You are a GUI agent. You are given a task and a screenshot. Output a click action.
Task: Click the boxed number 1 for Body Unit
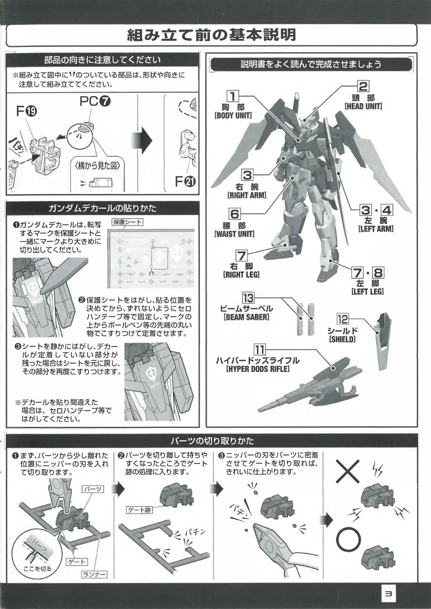click(232, 96)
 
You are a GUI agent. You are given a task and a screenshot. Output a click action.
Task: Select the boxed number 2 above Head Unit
click(363, 86)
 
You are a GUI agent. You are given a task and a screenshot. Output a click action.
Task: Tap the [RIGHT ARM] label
click(247, 195)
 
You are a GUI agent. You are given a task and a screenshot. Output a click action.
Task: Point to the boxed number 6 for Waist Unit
click(235, 214)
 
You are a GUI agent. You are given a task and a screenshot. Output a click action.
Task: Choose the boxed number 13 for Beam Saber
click(248, 298)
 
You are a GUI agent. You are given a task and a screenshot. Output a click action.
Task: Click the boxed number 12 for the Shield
click(342, 320)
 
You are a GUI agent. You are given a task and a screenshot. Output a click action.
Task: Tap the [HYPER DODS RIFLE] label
click(258, 369)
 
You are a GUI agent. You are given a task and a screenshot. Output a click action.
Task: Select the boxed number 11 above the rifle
click(260, 349)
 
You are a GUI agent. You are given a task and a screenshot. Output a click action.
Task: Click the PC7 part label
click(95, 101)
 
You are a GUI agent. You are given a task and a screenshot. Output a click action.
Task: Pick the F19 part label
click(27, 111)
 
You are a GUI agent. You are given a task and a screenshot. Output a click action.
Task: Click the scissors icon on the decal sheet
click(151, 271)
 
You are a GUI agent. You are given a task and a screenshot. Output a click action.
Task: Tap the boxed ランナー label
click(94, 574)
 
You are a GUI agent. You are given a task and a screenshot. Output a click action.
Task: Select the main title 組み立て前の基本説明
click(212, 35)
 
